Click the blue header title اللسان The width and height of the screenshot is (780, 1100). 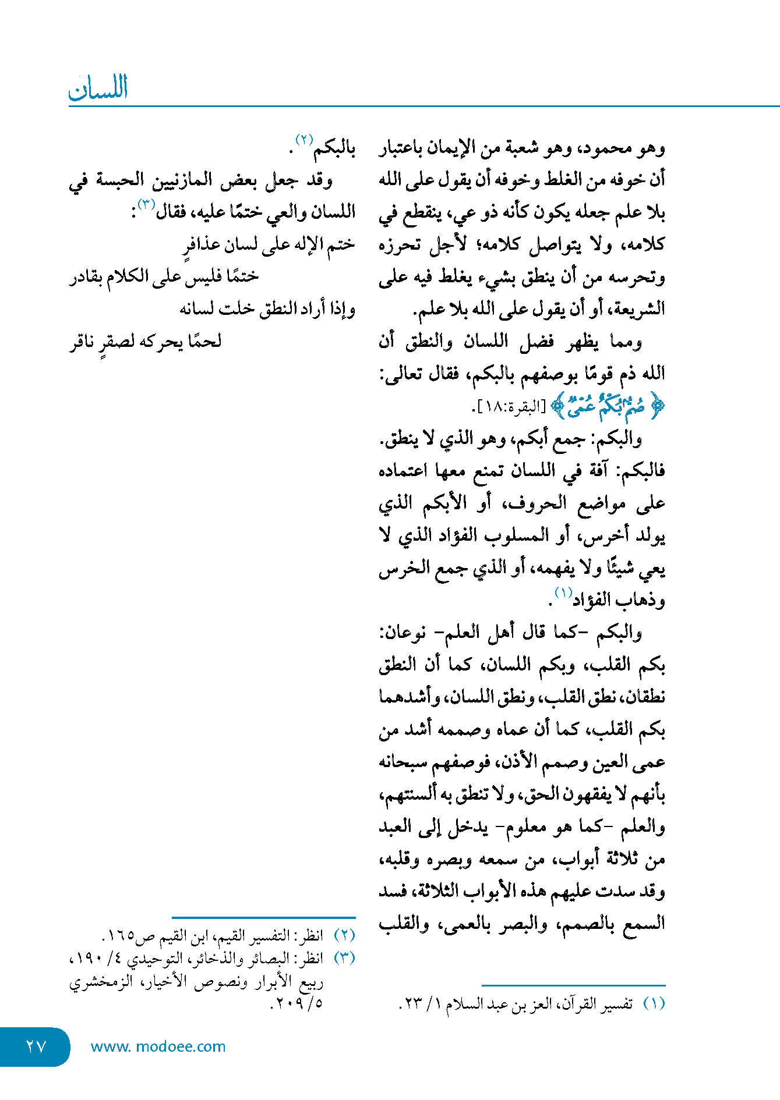98,88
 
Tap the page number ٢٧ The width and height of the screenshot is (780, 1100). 36,1046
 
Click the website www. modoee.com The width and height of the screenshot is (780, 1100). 158,1046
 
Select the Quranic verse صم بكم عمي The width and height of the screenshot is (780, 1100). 608,406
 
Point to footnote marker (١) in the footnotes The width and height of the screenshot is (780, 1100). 654,1004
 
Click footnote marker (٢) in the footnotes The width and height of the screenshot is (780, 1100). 344,935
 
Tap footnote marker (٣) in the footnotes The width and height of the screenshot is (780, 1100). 344,958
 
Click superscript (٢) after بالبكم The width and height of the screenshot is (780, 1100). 304,140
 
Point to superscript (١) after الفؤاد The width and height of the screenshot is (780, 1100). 563,593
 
